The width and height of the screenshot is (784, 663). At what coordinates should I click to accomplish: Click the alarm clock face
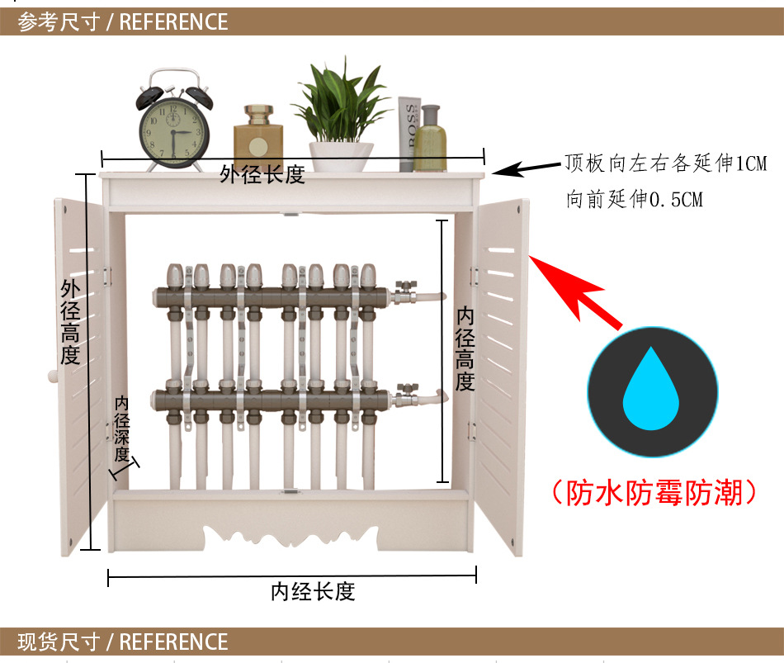[x=173, y=132]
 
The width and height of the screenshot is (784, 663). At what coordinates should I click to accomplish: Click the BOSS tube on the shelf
[x=409, y=134]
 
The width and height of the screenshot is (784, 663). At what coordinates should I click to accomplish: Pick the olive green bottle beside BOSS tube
[x=430, y=139]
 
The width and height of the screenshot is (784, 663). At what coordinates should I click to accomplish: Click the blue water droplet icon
[x=651, y=388]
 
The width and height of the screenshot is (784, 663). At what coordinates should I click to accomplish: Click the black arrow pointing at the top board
[x=527, y=168]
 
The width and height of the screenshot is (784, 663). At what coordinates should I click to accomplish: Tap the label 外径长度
[x=262, y=175]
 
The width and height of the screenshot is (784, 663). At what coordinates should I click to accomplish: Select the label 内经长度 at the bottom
[x=313, y=591]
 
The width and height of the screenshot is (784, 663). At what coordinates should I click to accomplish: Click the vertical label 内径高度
[x=465, y=348]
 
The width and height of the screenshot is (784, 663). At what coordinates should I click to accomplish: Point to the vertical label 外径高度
[x=70, y=322]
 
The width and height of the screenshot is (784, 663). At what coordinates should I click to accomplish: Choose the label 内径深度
[x=121, y=429]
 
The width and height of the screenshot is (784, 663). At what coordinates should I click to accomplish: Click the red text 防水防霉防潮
[x=654, y=492]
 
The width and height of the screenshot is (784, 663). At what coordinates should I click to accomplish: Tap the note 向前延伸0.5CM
[x=635, y=199]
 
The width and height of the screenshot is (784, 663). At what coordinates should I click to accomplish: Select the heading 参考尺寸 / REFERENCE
[x=123, y=22]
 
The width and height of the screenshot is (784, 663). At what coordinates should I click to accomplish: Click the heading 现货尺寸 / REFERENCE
[x=123, y=642]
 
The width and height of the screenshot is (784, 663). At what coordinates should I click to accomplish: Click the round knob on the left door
[x=53, y=376]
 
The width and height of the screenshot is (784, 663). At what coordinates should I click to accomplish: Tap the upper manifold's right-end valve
[x=405, y=292]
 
